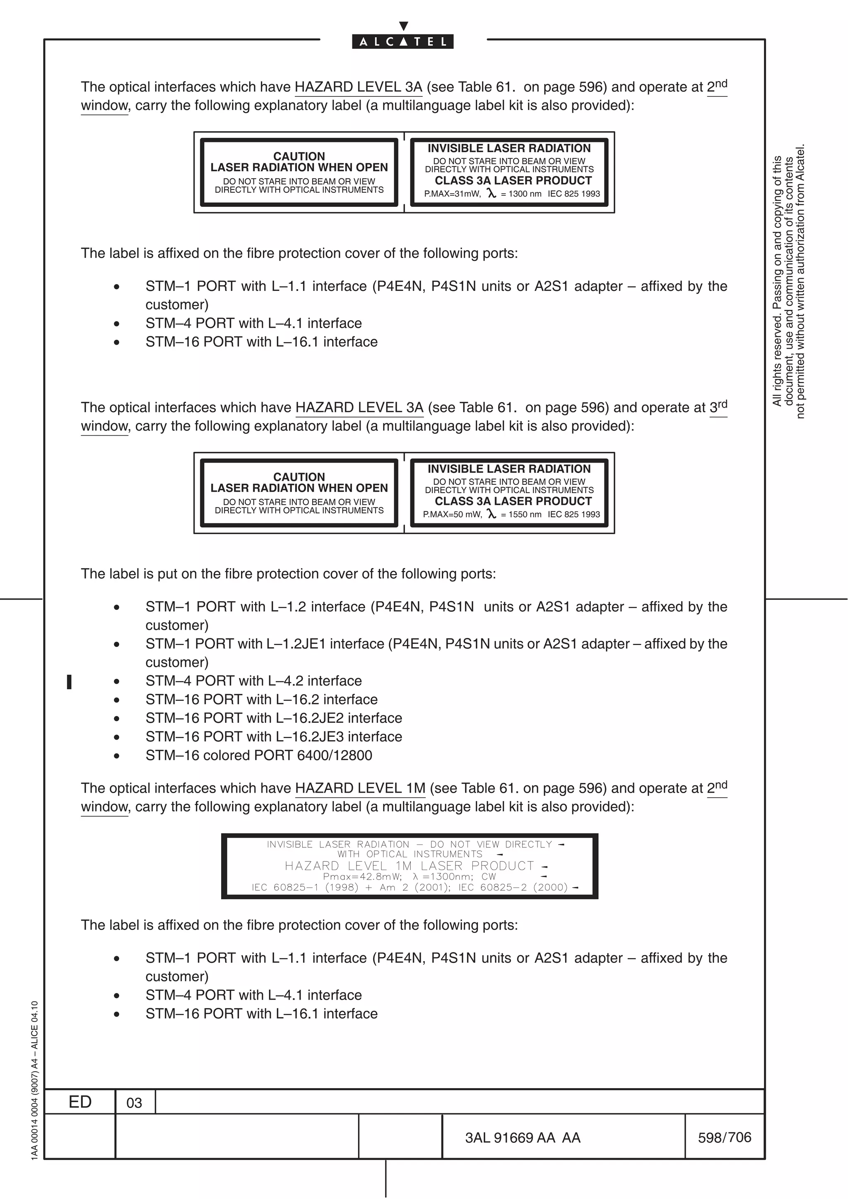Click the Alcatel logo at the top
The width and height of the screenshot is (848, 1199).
(x=402, y=41)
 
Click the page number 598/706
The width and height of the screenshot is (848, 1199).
(x=724, y=1137)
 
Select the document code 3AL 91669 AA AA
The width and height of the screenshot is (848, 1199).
(x=523, y=1137)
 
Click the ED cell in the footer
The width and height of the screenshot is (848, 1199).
(x=80, y=1101)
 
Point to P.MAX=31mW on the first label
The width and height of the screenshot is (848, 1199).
(x=452, y=194)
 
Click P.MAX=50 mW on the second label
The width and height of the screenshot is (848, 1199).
(x=453, y=514)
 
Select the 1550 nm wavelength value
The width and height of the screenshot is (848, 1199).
(x=525, y=514)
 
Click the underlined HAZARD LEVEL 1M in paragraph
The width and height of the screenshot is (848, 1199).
(x=360, y=788)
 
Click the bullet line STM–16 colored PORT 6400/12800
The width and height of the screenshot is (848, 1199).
(x=259, y=755)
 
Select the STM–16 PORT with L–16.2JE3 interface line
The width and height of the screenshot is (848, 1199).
(x=274, y=736)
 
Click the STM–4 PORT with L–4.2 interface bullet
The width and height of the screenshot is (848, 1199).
(x=253, y=681)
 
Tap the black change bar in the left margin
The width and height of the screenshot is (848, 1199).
(x=69, y=681)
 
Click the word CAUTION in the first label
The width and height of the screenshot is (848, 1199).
(x=299, y=156)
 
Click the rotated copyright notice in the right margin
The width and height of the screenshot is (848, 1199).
(x=788, y=282)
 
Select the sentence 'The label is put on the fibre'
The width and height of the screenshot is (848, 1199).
(x=288, y=573)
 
